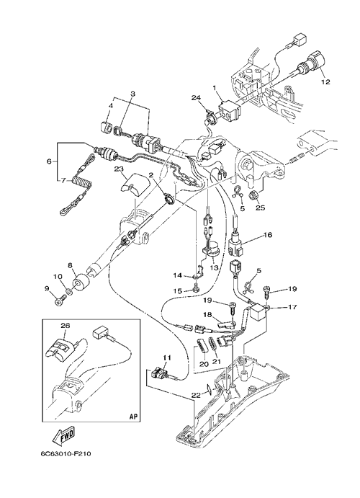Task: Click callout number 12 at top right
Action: [325, 82]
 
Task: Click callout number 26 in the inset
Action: [66, 326]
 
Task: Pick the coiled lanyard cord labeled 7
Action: [79, 182]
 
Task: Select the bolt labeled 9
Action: [60, 298]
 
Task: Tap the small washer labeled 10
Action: [68, 290]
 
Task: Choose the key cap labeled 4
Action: [105, 127]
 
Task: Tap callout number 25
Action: [260, 208]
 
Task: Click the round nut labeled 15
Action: [194, 289]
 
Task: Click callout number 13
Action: [215, 268]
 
